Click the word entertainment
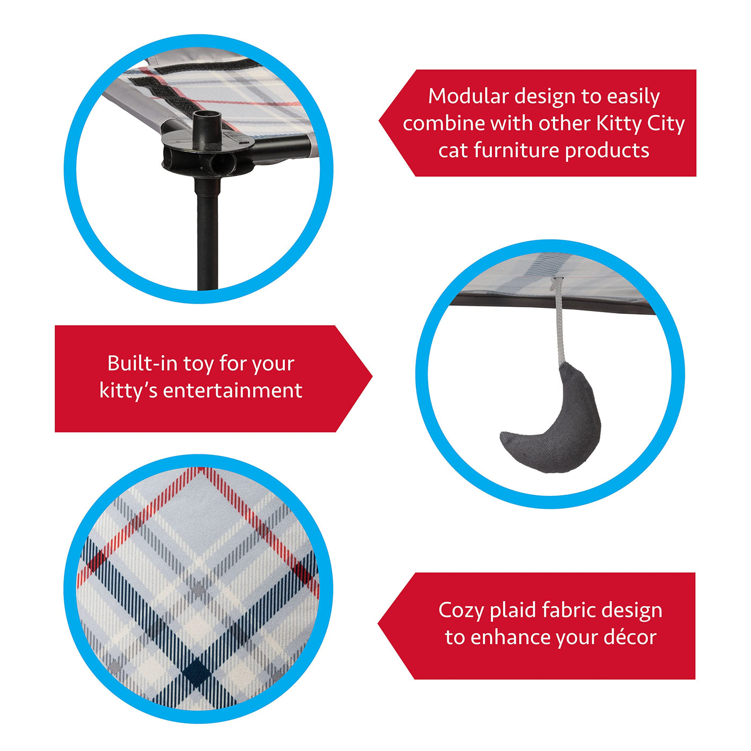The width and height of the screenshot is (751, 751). pos(233,391)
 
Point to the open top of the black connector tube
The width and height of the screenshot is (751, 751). pos(208,115)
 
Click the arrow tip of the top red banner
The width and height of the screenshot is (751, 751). pos(380,121)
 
